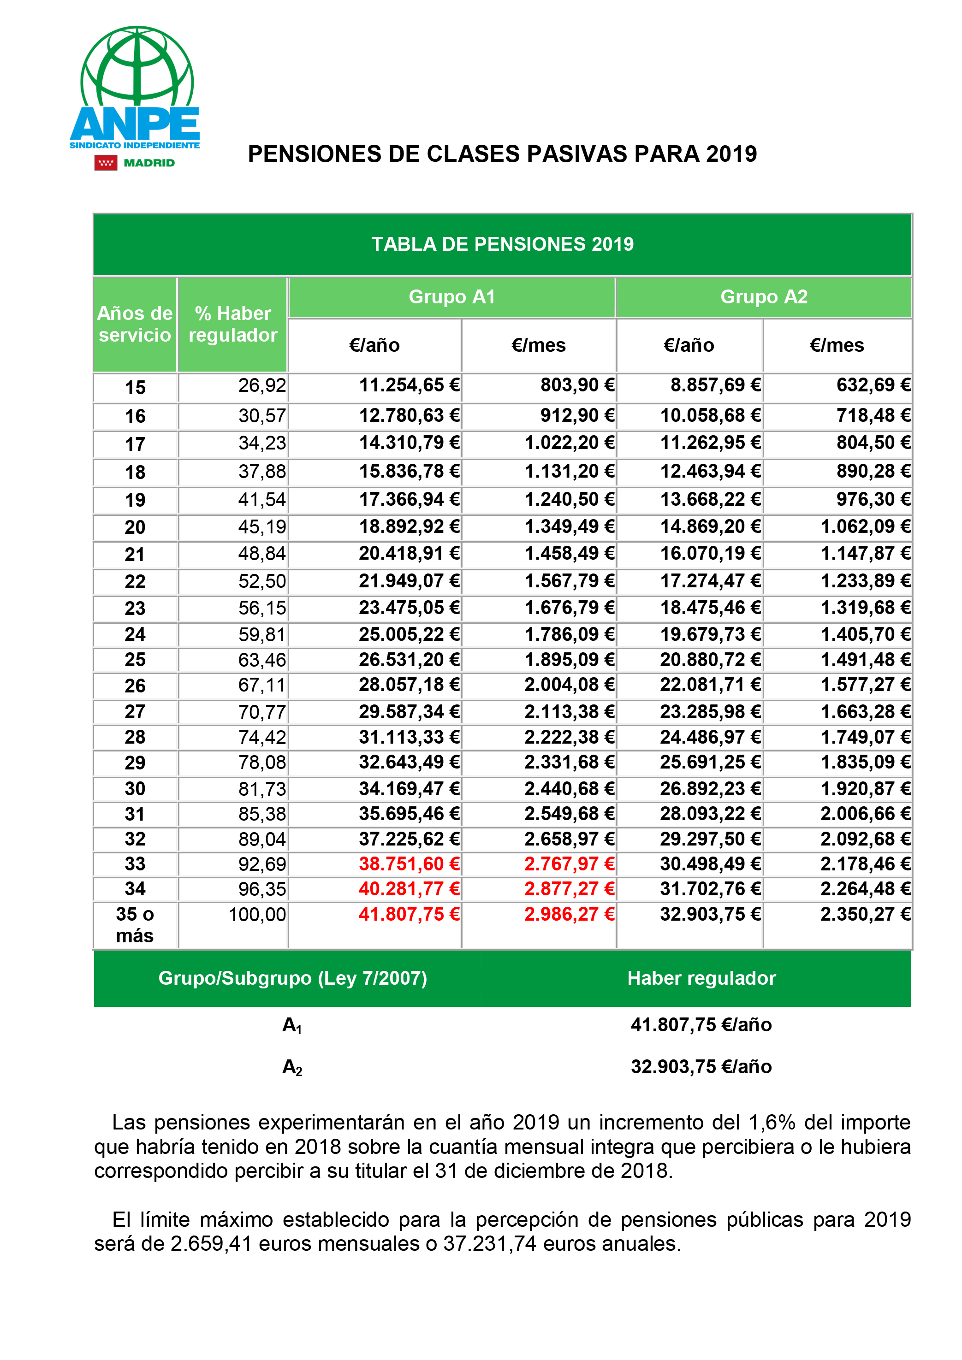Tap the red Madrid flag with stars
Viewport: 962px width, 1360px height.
(106, 163)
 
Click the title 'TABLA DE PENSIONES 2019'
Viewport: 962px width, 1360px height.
(502, 244)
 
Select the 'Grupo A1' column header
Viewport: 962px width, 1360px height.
(451, 297)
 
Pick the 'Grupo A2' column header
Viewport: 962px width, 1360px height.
(764, 297)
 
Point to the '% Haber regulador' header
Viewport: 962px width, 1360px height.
(233, 324)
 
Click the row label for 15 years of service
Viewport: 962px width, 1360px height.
(135, 387)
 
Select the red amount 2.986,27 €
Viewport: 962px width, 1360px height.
(569, 914)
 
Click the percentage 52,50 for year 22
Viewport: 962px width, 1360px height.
(262, 581)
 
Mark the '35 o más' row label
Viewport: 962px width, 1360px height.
(135, 925)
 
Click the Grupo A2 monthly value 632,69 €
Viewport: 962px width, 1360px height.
(873, 385)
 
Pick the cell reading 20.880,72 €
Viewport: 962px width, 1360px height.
(710, 659)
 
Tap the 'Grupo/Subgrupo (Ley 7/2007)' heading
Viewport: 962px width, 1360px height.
(293, 978)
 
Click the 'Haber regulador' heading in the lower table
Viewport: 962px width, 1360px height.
(701, 978)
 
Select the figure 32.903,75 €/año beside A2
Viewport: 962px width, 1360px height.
(701, 1066)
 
